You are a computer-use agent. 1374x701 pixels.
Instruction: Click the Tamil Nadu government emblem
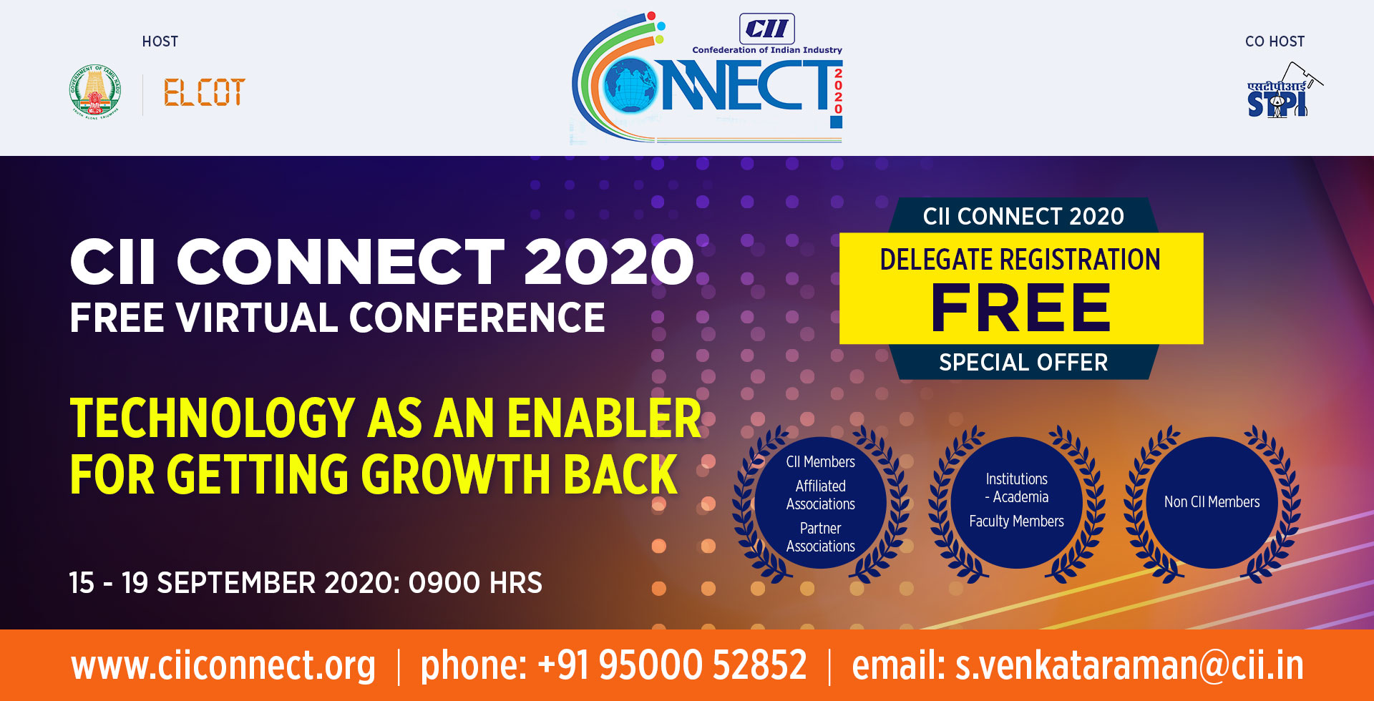[x=95, y=92]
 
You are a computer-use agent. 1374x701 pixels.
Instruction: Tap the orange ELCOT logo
[x=205, y=92]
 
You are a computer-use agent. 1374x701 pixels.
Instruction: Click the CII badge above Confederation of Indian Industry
[x=766, y=29]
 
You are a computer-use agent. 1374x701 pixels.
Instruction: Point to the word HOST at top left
[x=160, y=41]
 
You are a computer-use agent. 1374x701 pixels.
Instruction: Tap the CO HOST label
[x=1275, y=41]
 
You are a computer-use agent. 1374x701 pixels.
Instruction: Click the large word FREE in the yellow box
[x=1020, y=308]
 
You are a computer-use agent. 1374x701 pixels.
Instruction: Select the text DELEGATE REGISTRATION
[x=1020, y=260]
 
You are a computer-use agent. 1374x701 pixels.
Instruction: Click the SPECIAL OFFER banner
[x=1023, y=363]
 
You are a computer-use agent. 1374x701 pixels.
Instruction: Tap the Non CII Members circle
[x=1212, y=502]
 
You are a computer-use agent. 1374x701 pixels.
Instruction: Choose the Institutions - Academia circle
[x=1016, y=502]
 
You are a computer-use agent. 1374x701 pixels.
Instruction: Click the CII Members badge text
[x=821, y=461]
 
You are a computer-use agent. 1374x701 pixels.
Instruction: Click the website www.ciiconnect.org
[x=223, y=665]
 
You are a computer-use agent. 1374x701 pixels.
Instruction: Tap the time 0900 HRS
[x=475, y=583]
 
